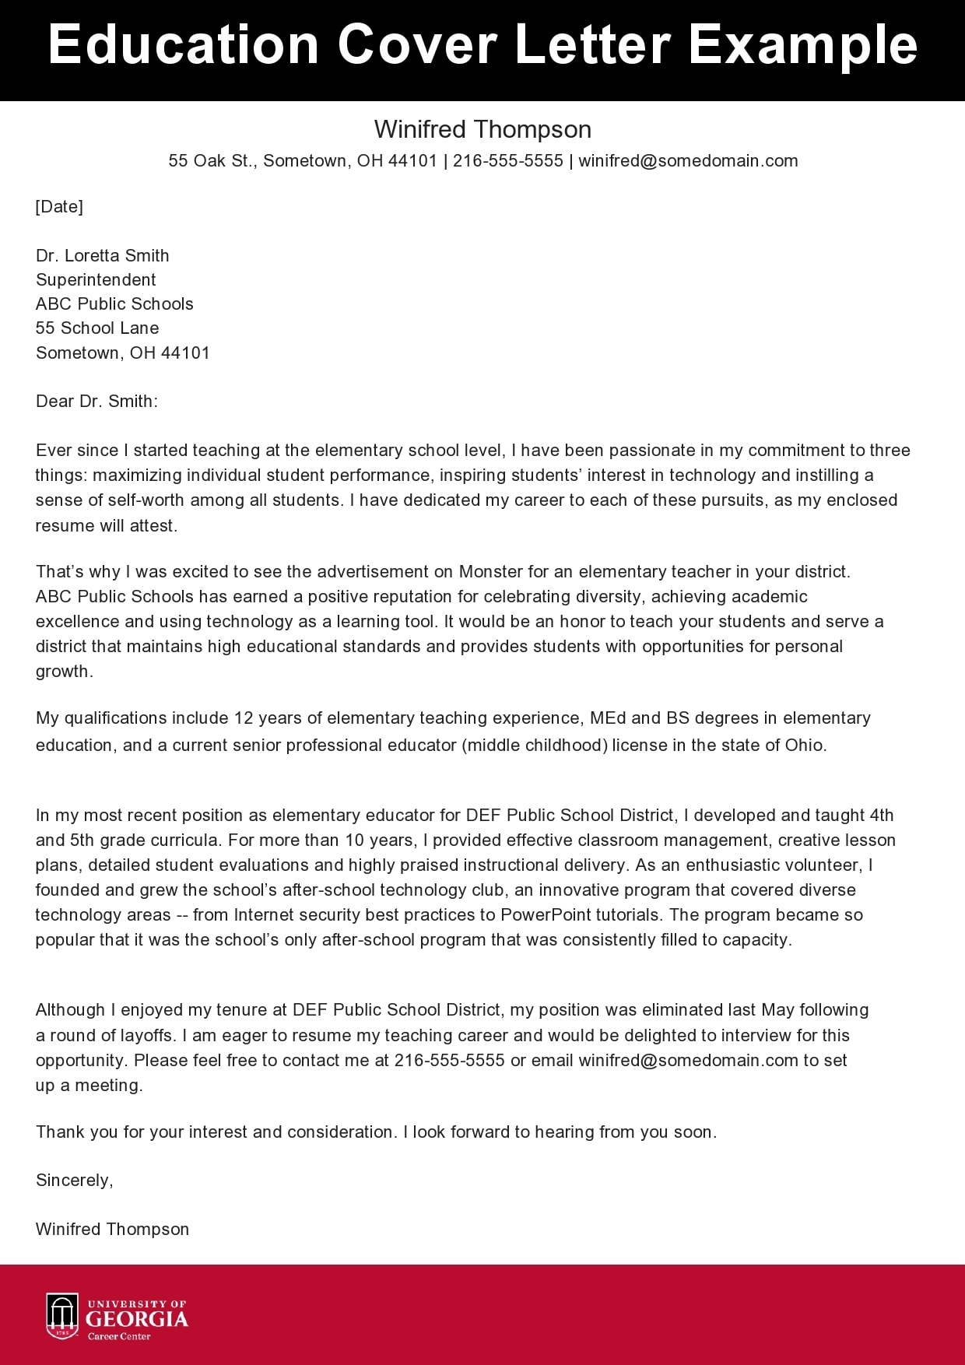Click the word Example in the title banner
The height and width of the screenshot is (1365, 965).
(x=802, y=45)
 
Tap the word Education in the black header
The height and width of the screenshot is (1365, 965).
(x=184, y=45)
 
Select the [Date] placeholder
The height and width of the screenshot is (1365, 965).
(x=59, y=206)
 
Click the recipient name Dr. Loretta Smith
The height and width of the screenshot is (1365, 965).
(x=102, y=255)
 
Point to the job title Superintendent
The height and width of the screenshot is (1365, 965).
(x=96, y=279)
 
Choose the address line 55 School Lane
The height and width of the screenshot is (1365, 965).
(x=97, y=328)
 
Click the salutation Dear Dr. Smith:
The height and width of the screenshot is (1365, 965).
(x=96, y=401)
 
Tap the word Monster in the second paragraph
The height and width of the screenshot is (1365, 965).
(x=490, y=571)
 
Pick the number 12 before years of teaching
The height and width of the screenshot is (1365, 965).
(x=244, y=718)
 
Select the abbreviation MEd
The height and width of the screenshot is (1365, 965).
(x=608, y=718)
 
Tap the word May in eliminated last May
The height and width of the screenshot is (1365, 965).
(x=777, y=1009)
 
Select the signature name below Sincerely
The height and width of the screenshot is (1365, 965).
(x=112, y=1229)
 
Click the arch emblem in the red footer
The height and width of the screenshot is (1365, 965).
(x=62, y=1316)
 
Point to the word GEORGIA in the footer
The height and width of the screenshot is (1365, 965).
(x=137, y=1319)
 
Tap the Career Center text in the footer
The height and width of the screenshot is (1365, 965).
(x=119, y=1336)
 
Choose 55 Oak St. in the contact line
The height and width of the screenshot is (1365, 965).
(x=210, y=160)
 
